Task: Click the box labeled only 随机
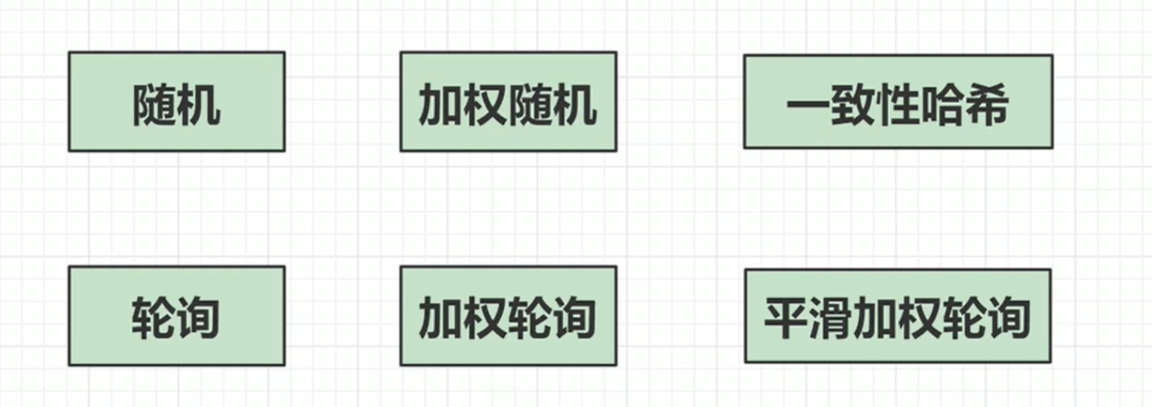(176, 102)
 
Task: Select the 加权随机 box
(508, 102)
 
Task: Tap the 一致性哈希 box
(897, 102)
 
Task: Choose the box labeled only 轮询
(176, 315)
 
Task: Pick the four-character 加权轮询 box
(508, 315)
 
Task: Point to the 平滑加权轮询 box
(897, 315)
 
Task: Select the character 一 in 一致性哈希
(807, 103)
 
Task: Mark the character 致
(852, 103)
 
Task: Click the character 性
(897, 103)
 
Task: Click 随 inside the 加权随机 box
(531, 103)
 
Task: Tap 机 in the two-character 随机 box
(199, 103)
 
